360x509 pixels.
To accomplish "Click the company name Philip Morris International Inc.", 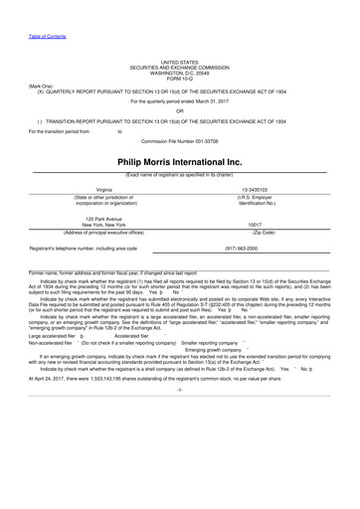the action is coord(179,160).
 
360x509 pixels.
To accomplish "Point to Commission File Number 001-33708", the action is coord(179,141).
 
